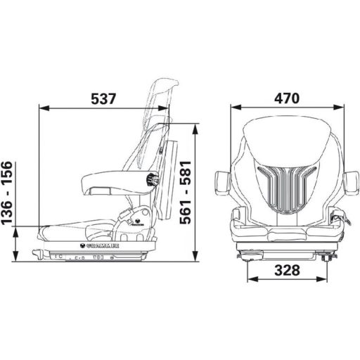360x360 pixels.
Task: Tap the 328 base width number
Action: tap(287, 270)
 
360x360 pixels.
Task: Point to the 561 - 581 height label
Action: tap(184, 191)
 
